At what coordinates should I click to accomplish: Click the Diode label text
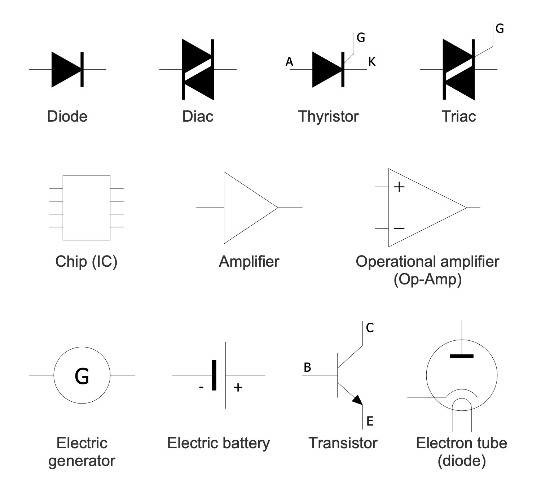67,116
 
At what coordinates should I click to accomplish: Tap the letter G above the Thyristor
361,37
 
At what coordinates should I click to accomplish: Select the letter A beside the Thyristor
289,62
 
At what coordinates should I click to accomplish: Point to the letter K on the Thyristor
372,62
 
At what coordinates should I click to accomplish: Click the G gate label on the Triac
500,29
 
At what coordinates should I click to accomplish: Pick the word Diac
198,116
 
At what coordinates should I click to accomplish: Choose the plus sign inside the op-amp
399,187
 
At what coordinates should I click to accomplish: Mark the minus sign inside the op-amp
399,228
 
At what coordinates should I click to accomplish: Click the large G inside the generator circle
82,376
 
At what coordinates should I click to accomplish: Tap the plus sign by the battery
238,388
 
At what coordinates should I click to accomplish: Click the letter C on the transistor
370,328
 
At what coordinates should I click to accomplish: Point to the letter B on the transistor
307,367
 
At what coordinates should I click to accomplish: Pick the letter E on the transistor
370,421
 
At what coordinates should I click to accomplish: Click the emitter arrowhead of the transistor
358,400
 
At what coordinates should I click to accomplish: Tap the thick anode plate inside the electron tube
462,356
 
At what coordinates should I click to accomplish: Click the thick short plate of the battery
214,375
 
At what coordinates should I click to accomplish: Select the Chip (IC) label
86,261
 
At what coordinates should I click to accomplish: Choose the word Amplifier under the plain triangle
249,261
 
